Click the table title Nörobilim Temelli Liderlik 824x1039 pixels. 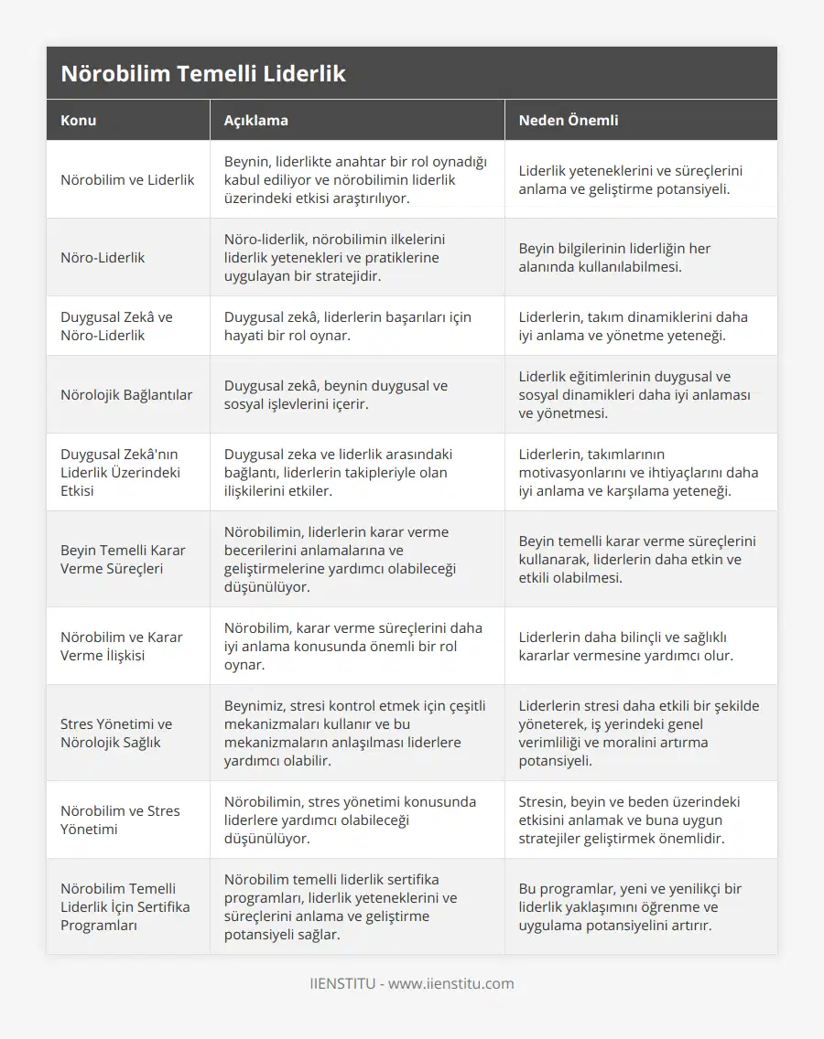[x=203, y=74]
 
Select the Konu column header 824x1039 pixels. [x=79, y=120]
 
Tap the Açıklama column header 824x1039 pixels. [x=256, y=120]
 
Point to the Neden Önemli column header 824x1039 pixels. [x=569, y=120]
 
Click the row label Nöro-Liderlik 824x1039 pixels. [x=103, y=258]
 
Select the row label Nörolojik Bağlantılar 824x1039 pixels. [x=126, y=395]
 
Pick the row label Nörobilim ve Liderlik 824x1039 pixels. [x=127, y=180]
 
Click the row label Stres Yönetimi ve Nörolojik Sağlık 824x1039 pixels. [x=116, y=733]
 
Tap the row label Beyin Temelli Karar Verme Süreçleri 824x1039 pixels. [x=123, y=559]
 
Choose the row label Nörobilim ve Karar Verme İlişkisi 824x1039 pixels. [x=122, y=646]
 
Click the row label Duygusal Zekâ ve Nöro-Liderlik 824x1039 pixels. [x=116, y=327]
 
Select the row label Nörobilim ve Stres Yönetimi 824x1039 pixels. [x=120, y=819]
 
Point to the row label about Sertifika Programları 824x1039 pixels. [x=125, y=906]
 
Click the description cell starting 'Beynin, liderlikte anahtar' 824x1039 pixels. [x=356, y=180]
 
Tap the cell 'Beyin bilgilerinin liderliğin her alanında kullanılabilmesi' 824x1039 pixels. [x=614, y=258]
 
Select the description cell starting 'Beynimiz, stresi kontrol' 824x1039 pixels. [x=355, y=733]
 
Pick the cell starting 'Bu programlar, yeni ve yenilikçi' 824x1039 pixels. [x=630, y=906]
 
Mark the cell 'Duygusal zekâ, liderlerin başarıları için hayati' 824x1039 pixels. [x=348, y=327]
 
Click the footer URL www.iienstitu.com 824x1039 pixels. [x=450, y=984]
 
